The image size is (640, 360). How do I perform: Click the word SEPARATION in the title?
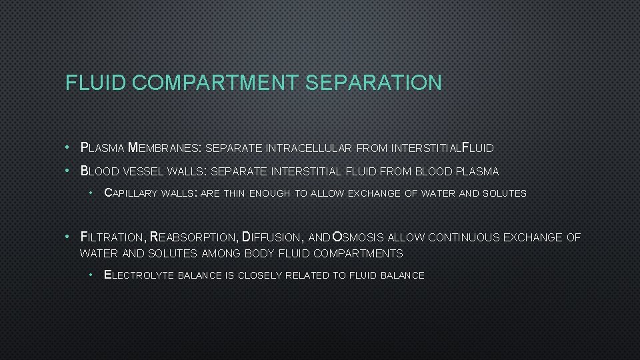tap(373, 83)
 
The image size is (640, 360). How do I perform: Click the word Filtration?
tap(112, 237)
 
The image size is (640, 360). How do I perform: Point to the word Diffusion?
tap(271, 237)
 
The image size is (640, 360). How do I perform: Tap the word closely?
tap(260, 275)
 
